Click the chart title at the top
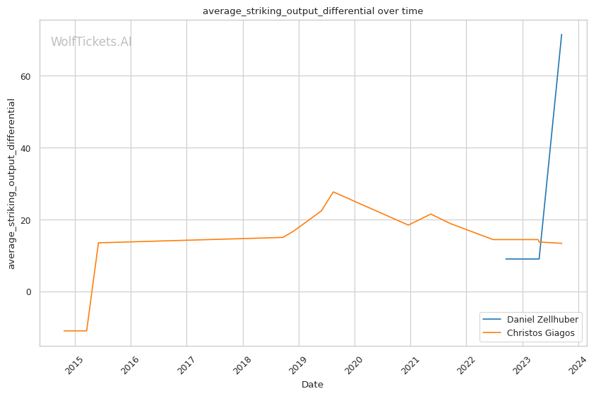pyautogui.click(x=313, y=11)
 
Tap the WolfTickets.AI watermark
pyautogui.click(x=91, y=42)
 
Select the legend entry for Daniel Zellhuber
pyautogui.click(x=542, y=319)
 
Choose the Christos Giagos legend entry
pyautogui.click(x=540, y=333)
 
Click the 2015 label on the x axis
pyautogui.click(x=73, y=364)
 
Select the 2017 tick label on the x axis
pyautogui.click(x=185, y=364)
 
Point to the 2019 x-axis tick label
pyautogui.click(x=297, y=364)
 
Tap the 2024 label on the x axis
pyautogui.click(x=577, y=364)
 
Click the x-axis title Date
pyautogui.click(x=312, y=385)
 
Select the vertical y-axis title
pyautogui.click(x=11, y=184)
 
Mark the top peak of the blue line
pyautogui.click(x=561, y=35)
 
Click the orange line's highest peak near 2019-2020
pyautogui.click(x=333, y=192)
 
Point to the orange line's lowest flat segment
pyautogui.click(x=75, y=331)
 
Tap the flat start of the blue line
pyautogui.click(x=523, y=259)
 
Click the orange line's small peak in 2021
pyautogui.click(x=431, y=214)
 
